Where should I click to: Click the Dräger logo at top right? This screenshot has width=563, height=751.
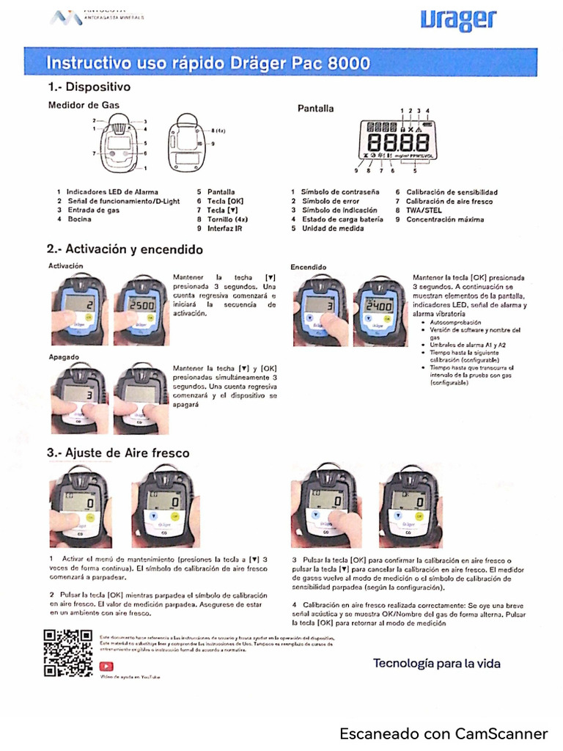click(459, 21)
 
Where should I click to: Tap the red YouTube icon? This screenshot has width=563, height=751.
click(106, 666)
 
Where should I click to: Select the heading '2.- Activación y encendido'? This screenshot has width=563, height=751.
click(125, 249)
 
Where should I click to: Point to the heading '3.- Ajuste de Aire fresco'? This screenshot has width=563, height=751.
click(117, 453)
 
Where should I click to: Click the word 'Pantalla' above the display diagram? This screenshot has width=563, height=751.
click(315, 109)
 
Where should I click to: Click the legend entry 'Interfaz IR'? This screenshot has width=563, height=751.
click(224, 228)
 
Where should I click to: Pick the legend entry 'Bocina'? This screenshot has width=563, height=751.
click(79, 219)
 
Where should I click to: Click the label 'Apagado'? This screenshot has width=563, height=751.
click(64, 356)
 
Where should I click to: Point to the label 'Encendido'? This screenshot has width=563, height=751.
click(309, 267)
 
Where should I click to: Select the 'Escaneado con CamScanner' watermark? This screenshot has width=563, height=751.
click(444, 733)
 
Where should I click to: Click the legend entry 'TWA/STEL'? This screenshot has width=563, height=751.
click(424, 210)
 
